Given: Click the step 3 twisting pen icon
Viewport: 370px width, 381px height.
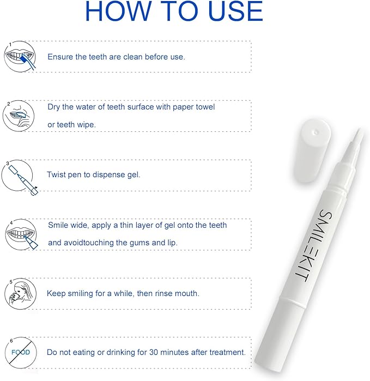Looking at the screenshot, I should (x=19, y=177).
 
